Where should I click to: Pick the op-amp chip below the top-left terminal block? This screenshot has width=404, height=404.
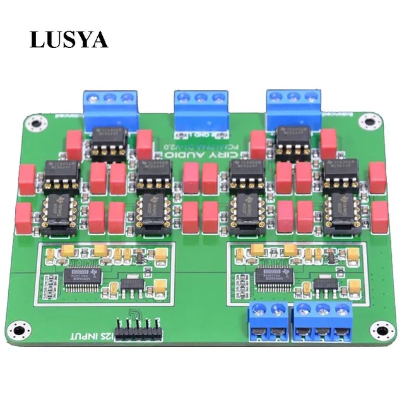point(109,143)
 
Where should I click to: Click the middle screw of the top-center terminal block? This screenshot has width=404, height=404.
point(201,98)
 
